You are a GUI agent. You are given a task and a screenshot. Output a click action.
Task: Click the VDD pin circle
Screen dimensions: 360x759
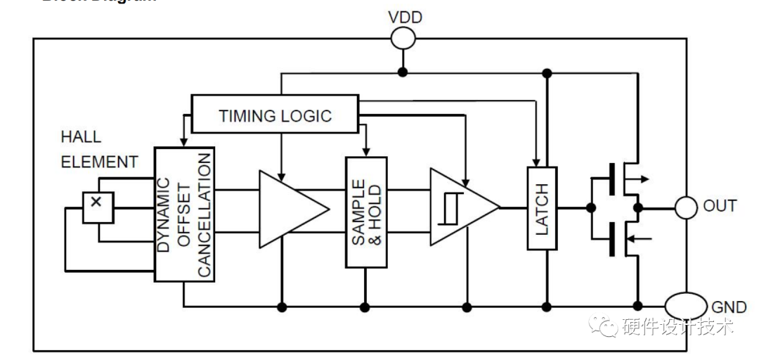pos(403,39)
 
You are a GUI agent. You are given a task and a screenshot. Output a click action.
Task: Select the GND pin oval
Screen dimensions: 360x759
pos(685,306)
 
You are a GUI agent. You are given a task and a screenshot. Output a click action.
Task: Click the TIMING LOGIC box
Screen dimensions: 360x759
pos(275,115)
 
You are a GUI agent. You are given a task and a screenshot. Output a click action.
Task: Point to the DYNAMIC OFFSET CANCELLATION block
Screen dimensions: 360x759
pos(184,214)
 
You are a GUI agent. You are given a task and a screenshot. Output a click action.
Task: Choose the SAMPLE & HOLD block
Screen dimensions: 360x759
pos(365,212)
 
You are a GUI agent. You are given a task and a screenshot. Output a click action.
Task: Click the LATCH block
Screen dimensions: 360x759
pos(541,208)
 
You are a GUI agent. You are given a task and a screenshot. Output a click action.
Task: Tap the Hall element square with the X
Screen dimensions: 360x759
pos(98,207)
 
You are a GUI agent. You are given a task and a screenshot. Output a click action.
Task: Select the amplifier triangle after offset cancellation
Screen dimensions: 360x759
pos(290,209)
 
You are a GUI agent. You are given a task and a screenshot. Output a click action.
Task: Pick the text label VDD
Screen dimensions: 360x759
pos(406,17)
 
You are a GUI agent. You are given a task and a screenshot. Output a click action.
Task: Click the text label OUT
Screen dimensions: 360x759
pos(720,207)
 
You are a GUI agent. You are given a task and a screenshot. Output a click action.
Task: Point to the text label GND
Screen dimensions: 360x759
pos(729,307)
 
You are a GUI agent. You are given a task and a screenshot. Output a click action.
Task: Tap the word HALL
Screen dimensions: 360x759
pos(81,137)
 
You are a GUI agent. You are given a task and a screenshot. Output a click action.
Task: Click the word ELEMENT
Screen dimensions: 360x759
pos(99,162)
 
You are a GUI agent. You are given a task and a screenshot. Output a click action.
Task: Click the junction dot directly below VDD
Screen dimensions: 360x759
pos(403,72)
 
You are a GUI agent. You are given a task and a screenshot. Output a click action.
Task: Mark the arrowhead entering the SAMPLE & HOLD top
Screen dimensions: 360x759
pos(365,153)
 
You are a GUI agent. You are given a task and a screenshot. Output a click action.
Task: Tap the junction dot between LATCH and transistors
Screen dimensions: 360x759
pos(590,207)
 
